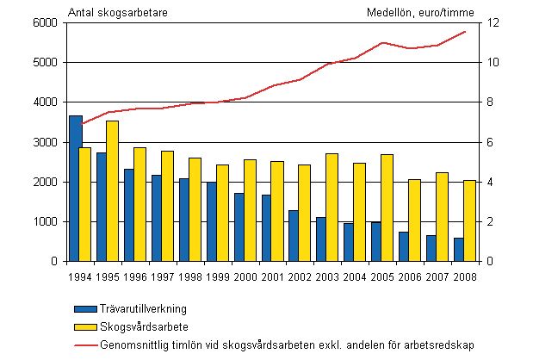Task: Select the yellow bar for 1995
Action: click(113, 190)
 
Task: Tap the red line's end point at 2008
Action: click(466, 32)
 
